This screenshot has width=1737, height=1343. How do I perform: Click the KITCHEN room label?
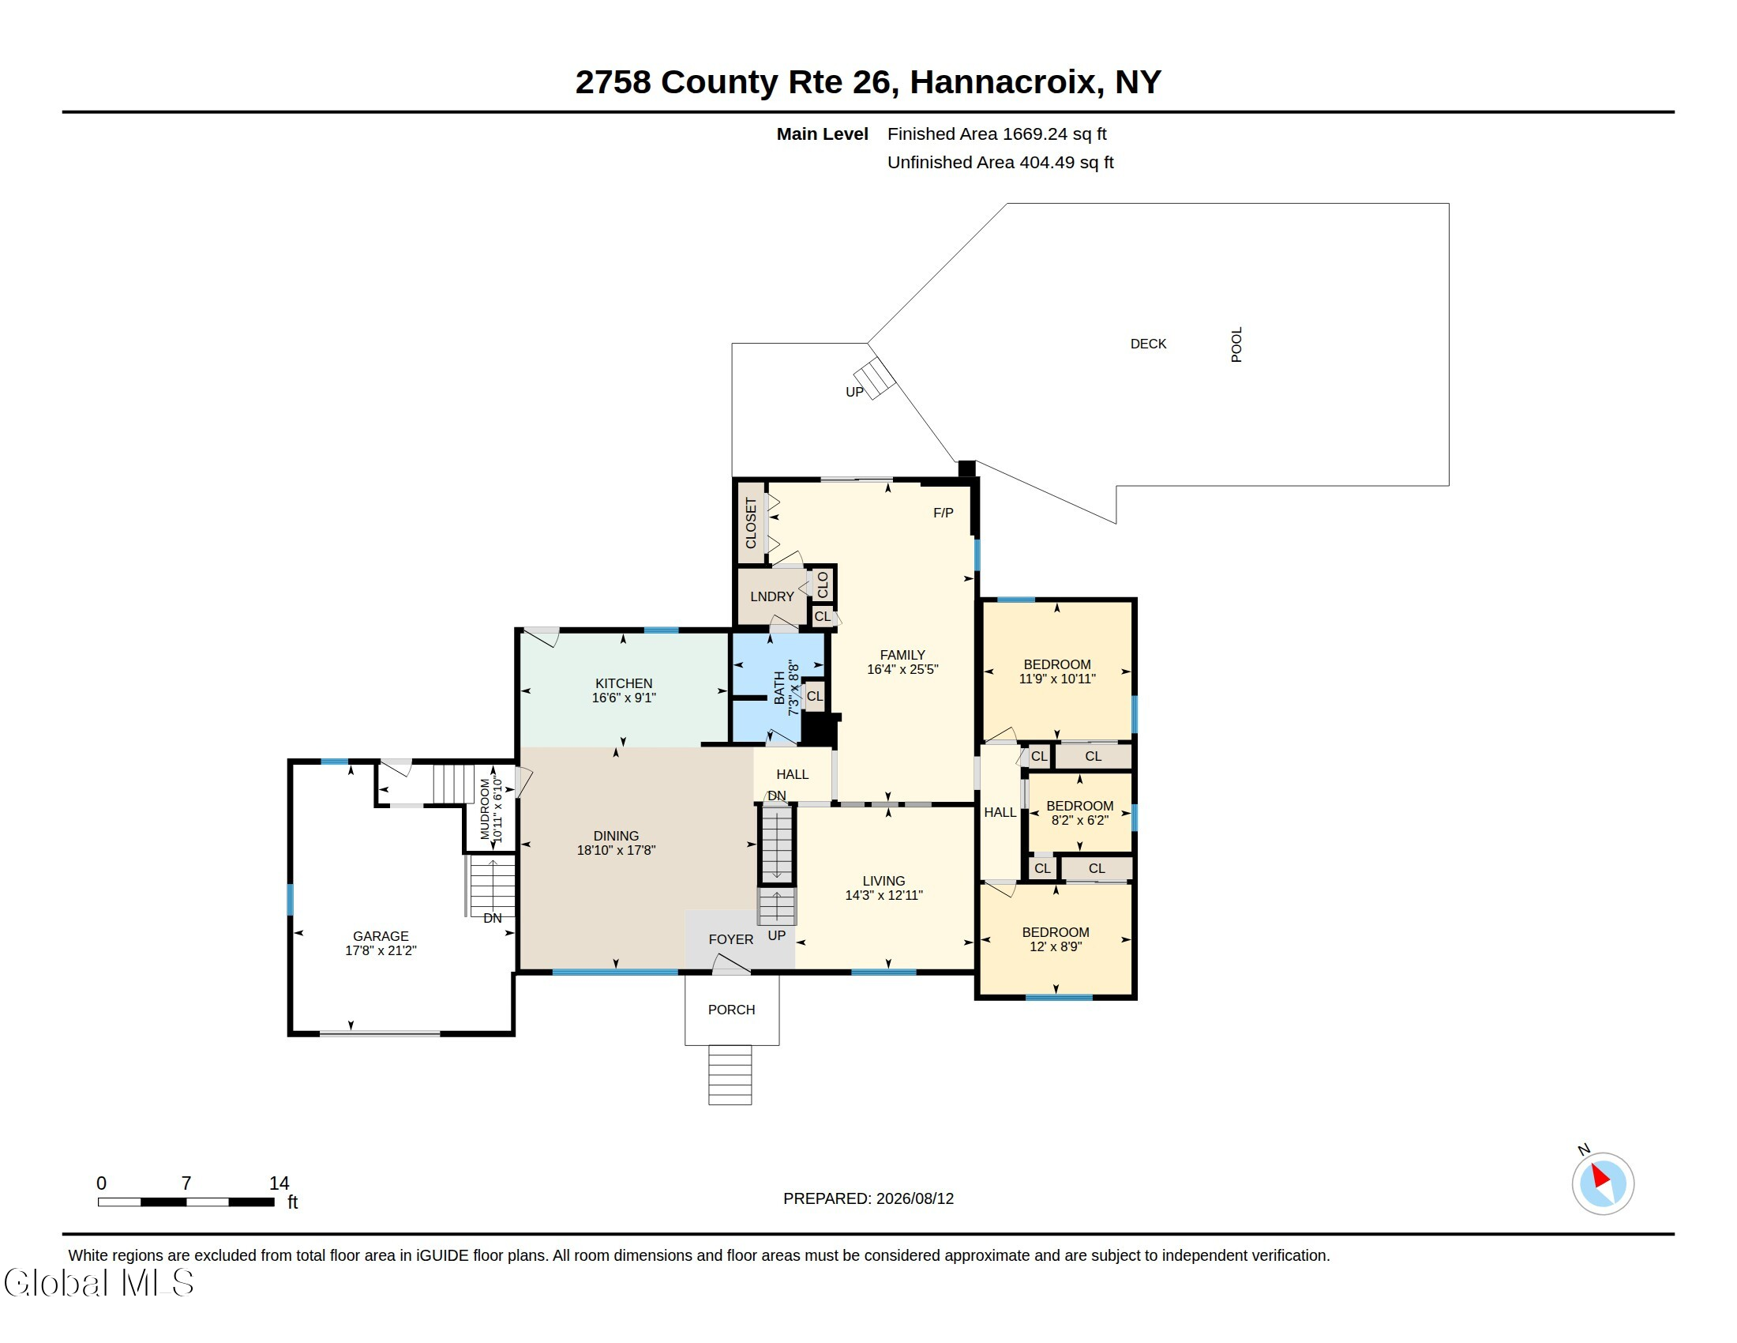tap(624, 683)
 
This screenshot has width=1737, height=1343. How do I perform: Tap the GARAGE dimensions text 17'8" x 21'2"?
tap(381, 950)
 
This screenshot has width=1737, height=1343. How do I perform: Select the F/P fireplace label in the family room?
tap(944, 513)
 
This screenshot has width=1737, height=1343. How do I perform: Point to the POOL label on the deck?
tap(1236, 344)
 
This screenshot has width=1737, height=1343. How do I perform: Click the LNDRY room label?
tap(772, 596)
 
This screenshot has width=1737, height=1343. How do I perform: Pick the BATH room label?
tap(779, 687)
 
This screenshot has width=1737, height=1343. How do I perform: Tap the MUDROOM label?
tap(485, 809)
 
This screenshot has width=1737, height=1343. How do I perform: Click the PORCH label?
tap(732, 1010)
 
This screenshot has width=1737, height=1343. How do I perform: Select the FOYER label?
tap(731, 939)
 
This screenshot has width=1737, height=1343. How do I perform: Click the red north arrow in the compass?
tap(1600, 1176)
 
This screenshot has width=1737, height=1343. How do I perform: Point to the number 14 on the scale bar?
tap(279, 1183)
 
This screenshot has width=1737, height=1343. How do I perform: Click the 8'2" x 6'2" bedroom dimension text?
tap(1080, 820)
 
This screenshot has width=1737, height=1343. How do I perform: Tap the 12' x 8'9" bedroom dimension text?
tap(1056, 946)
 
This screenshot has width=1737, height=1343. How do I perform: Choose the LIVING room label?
tap(884, 881)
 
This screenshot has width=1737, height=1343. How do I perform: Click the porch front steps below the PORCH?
tap(730, 1075)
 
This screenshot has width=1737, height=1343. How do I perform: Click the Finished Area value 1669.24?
tap(1035, 134)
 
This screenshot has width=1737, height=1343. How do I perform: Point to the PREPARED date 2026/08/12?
tap(914, 1198)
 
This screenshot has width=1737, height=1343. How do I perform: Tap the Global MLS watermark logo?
tap(99, 1282)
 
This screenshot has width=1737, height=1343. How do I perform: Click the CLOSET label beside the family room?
tap(751, 523)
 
